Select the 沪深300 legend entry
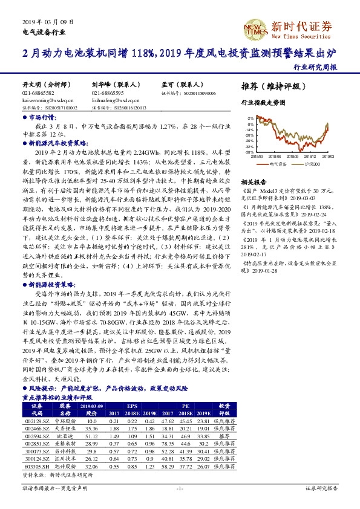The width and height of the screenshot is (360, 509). tap(309, 163)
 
